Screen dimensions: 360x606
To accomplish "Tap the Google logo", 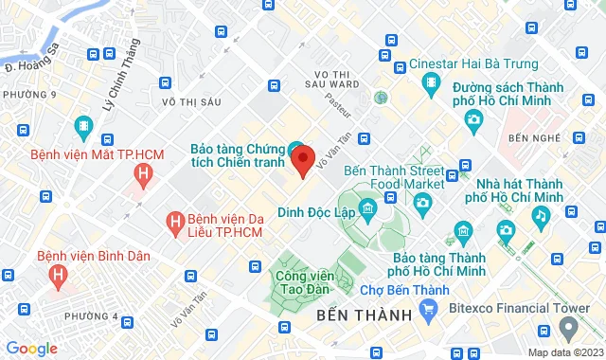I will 31,348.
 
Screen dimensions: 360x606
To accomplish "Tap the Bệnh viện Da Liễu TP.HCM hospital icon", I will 173,222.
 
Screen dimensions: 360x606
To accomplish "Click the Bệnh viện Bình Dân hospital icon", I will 59,276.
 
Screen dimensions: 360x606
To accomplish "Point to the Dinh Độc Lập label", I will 316,211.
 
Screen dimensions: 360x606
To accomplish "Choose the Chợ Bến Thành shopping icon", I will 428,307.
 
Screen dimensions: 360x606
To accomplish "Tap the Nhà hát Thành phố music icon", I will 539,215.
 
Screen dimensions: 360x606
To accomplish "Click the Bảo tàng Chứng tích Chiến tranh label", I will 237,157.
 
